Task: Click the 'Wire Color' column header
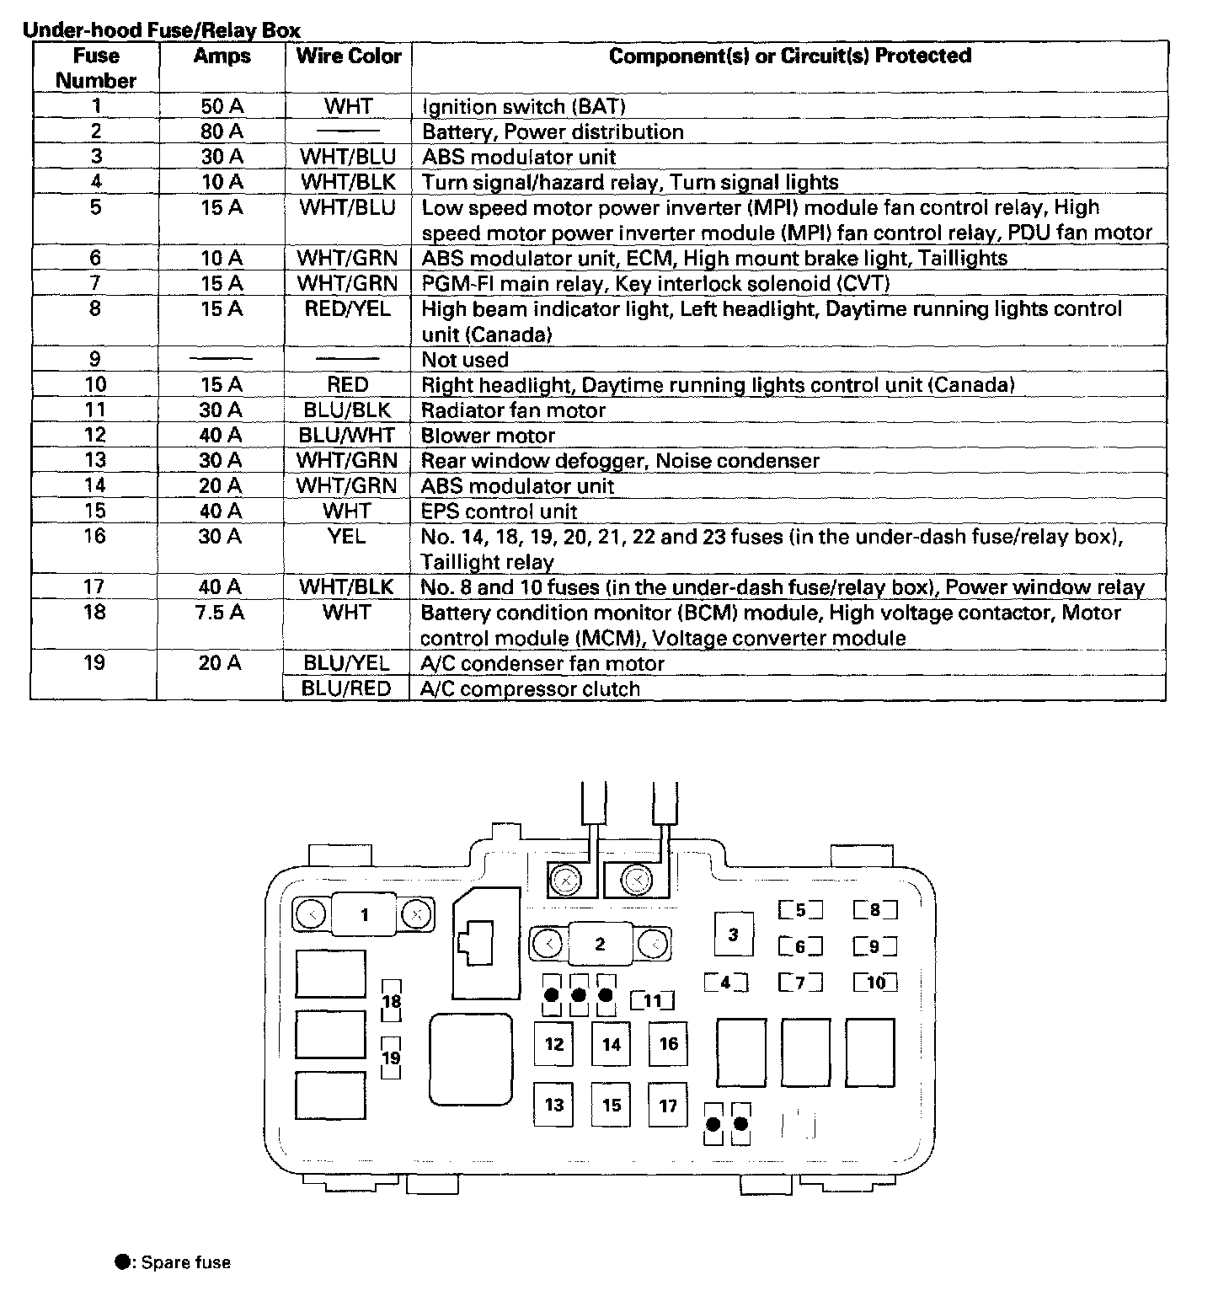point(348,56)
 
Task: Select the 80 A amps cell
point(222,131)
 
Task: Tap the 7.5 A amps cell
point(222,613)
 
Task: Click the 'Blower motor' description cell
point(488,436)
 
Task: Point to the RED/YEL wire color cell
point(348,309)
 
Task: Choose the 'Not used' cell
point(465,360)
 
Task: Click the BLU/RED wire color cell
point(346,688)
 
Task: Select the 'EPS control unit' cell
point(499,511)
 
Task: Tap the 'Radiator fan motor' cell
point(513,410)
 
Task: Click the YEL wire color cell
point(346,536)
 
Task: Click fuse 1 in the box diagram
point(365,914)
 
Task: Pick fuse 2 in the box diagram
point(600,944)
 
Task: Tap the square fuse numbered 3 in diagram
point(733,934)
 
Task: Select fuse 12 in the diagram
point(553,1044)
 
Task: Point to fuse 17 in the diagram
point(668,1105)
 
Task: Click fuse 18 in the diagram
point(391,1002)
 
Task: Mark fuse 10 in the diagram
point(875,983)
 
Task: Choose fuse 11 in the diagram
point(653,1001)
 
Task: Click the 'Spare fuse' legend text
point(185,1262)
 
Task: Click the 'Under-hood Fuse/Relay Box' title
point(161,31)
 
